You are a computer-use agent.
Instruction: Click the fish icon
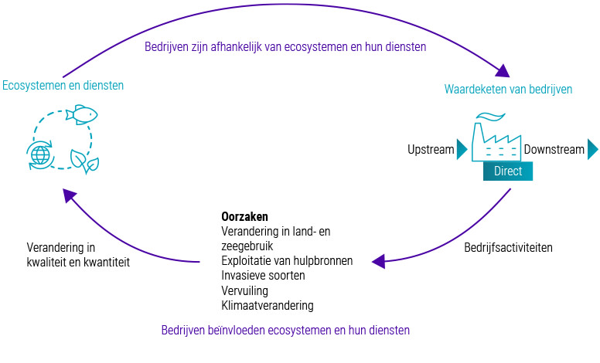tap(81, 115)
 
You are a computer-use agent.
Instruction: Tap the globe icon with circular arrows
tap(39, 154)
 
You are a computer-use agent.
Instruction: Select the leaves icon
tap(84, 161)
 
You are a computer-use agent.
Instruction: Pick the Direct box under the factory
tap(508, 171)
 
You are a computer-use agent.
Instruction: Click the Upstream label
tap(431, 149)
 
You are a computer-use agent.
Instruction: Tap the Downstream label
tap(554, 149)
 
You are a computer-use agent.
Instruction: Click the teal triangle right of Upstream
tap(462, 149)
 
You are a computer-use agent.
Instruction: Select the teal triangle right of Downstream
tap(592, 149)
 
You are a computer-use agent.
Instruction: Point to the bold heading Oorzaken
tap(244, 217)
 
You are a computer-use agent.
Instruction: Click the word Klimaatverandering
tap(268, 305)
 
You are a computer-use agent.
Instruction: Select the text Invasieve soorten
tap(263, 276)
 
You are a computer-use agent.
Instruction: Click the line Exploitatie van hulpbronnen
tap(287, 261)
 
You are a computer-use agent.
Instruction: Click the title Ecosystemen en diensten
tap(63, 86)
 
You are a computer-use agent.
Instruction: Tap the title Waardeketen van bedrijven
tap(508, 89)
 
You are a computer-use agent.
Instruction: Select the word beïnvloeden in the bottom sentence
tap(235, 330)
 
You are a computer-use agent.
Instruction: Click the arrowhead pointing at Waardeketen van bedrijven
tap(503, 72)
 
